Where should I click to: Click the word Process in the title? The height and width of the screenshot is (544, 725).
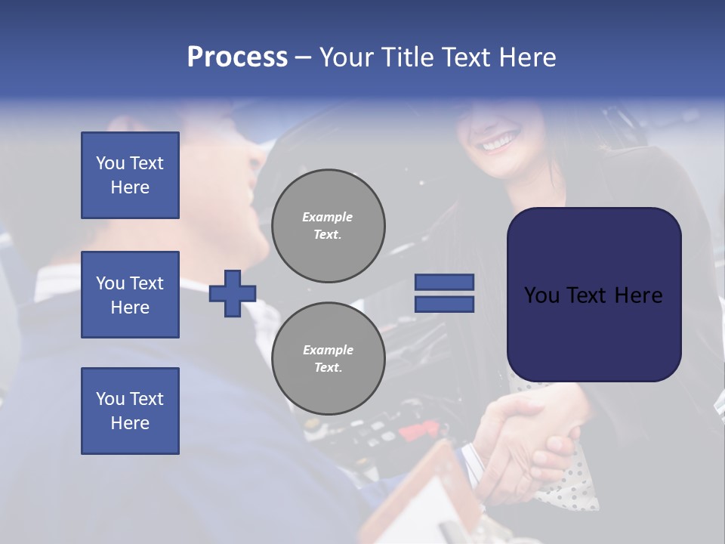coord(237,57)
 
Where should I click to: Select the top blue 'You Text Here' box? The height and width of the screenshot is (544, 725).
coord(130,175)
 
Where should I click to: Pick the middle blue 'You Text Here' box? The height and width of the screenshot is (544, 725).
coord(130,295)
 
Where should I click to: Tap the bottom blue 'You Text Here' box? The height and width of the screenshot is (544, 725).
coord(130,410)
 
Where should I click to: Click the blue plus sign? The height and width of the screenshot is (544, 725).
coord(233,293)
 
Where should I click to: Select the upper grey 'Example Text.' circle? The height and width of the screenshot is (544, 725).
coord(328,226)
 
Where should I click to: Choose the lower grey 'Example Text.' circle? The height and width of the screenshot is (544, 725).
coord(328,359)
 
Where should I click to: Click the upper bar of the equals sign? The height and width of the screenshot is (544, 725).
coord(444,282)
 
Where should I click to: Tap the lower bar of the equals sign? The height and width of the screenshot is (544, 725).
coord(444,304)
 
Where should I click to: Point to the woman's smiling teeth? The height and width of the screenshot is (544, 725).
coord(501,141)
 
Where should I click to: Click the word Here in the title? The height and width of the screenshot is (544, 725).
coord(526,57)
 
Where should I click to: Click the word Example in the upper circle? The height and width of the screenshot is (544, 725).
coord(328,218)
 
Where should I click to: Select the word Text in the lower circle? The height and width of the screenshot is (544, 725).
coord(328,368)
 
